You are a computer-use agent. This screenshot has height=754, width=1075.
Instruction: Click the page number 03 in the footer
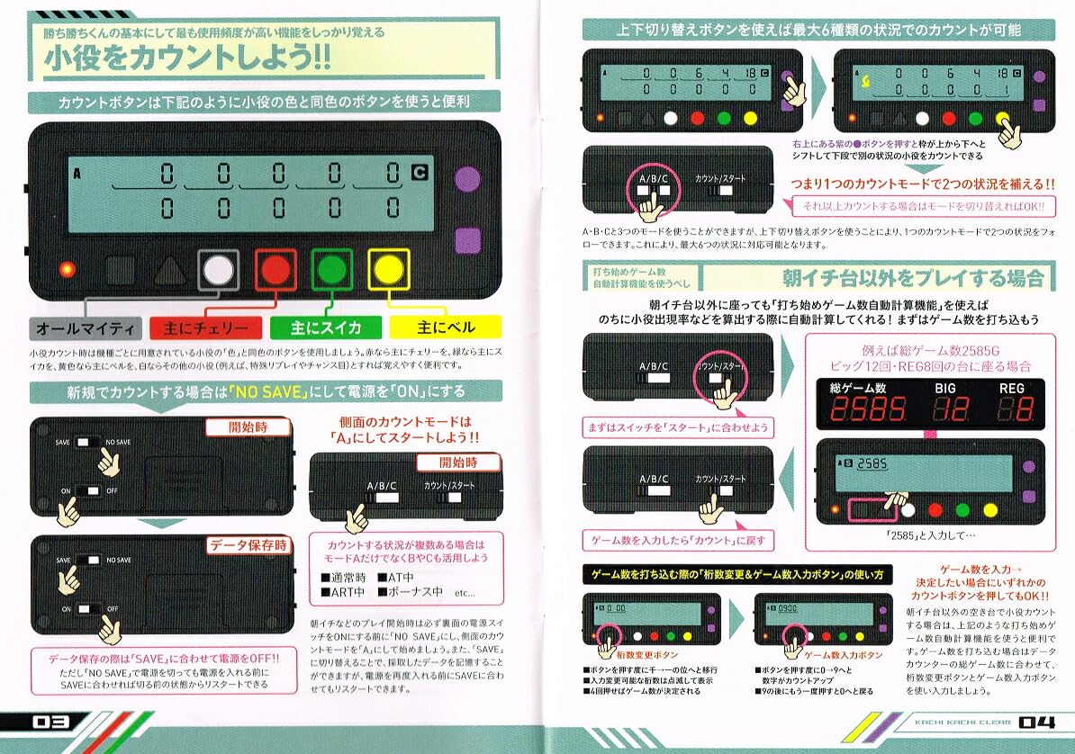pos(46,723)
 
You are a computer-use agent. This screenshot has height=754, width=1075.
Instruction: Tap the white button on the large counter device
pos(218,268)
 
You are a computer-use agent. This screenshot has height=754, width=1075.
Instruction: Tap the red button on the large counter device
pos(275,268)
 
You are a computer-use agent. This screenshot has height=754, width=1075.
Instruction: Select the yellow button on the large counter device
pos(388,268)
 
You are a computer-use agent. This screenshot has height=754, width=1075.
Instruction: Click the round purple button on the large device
pos(465,178)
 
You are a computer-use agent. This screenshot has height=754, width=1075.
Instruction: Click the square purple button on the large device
pos(465,240)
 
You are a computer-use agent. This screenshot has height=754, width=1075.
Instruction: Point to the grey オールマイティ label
pos(86,327)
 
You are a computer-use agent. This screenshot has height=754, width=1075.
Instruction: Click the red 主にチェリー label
pos(205,327)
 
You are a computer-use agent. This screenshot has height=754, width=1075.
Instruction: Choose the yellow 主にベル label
pos(444,327)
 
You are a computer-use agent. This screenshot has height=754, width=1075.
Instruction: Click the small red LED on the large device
pos(66,269)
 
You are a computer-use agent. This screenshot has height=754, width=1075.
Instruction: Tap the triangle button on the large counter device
pos(168,269)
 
